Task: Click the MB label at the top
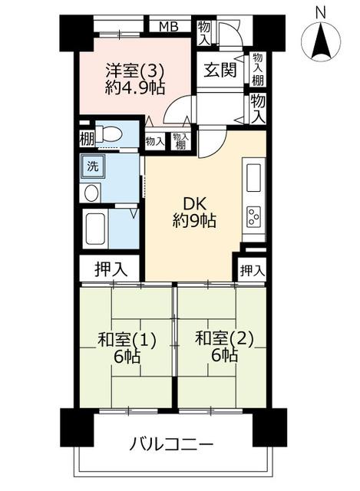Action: (x=169, y=26)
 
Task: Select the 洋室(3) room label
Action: (x=135, y=71)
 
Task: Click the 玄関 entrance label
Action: (x=220, y=70)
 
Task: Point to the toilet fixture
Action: (x=108, y=135)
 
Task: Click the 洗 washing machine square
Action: (x=92, y=166)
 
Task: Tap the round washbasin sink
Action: (x=91, y=193)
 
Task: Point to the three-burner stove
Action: (x=254, y=216)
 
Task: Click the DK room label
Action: (x=194, y=205)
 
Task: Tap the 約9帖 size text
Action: (x=194, y=221)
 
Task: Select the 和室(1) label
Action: (x=127, y=340)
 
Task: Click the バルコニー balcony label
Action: (x=171, y=444)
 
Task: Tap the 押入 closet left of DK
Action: (x=111, y=269)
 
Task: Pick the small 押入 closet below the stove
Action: (x=252, y=270)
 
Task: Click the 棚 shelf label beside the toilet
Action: (x=87, y=139)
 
